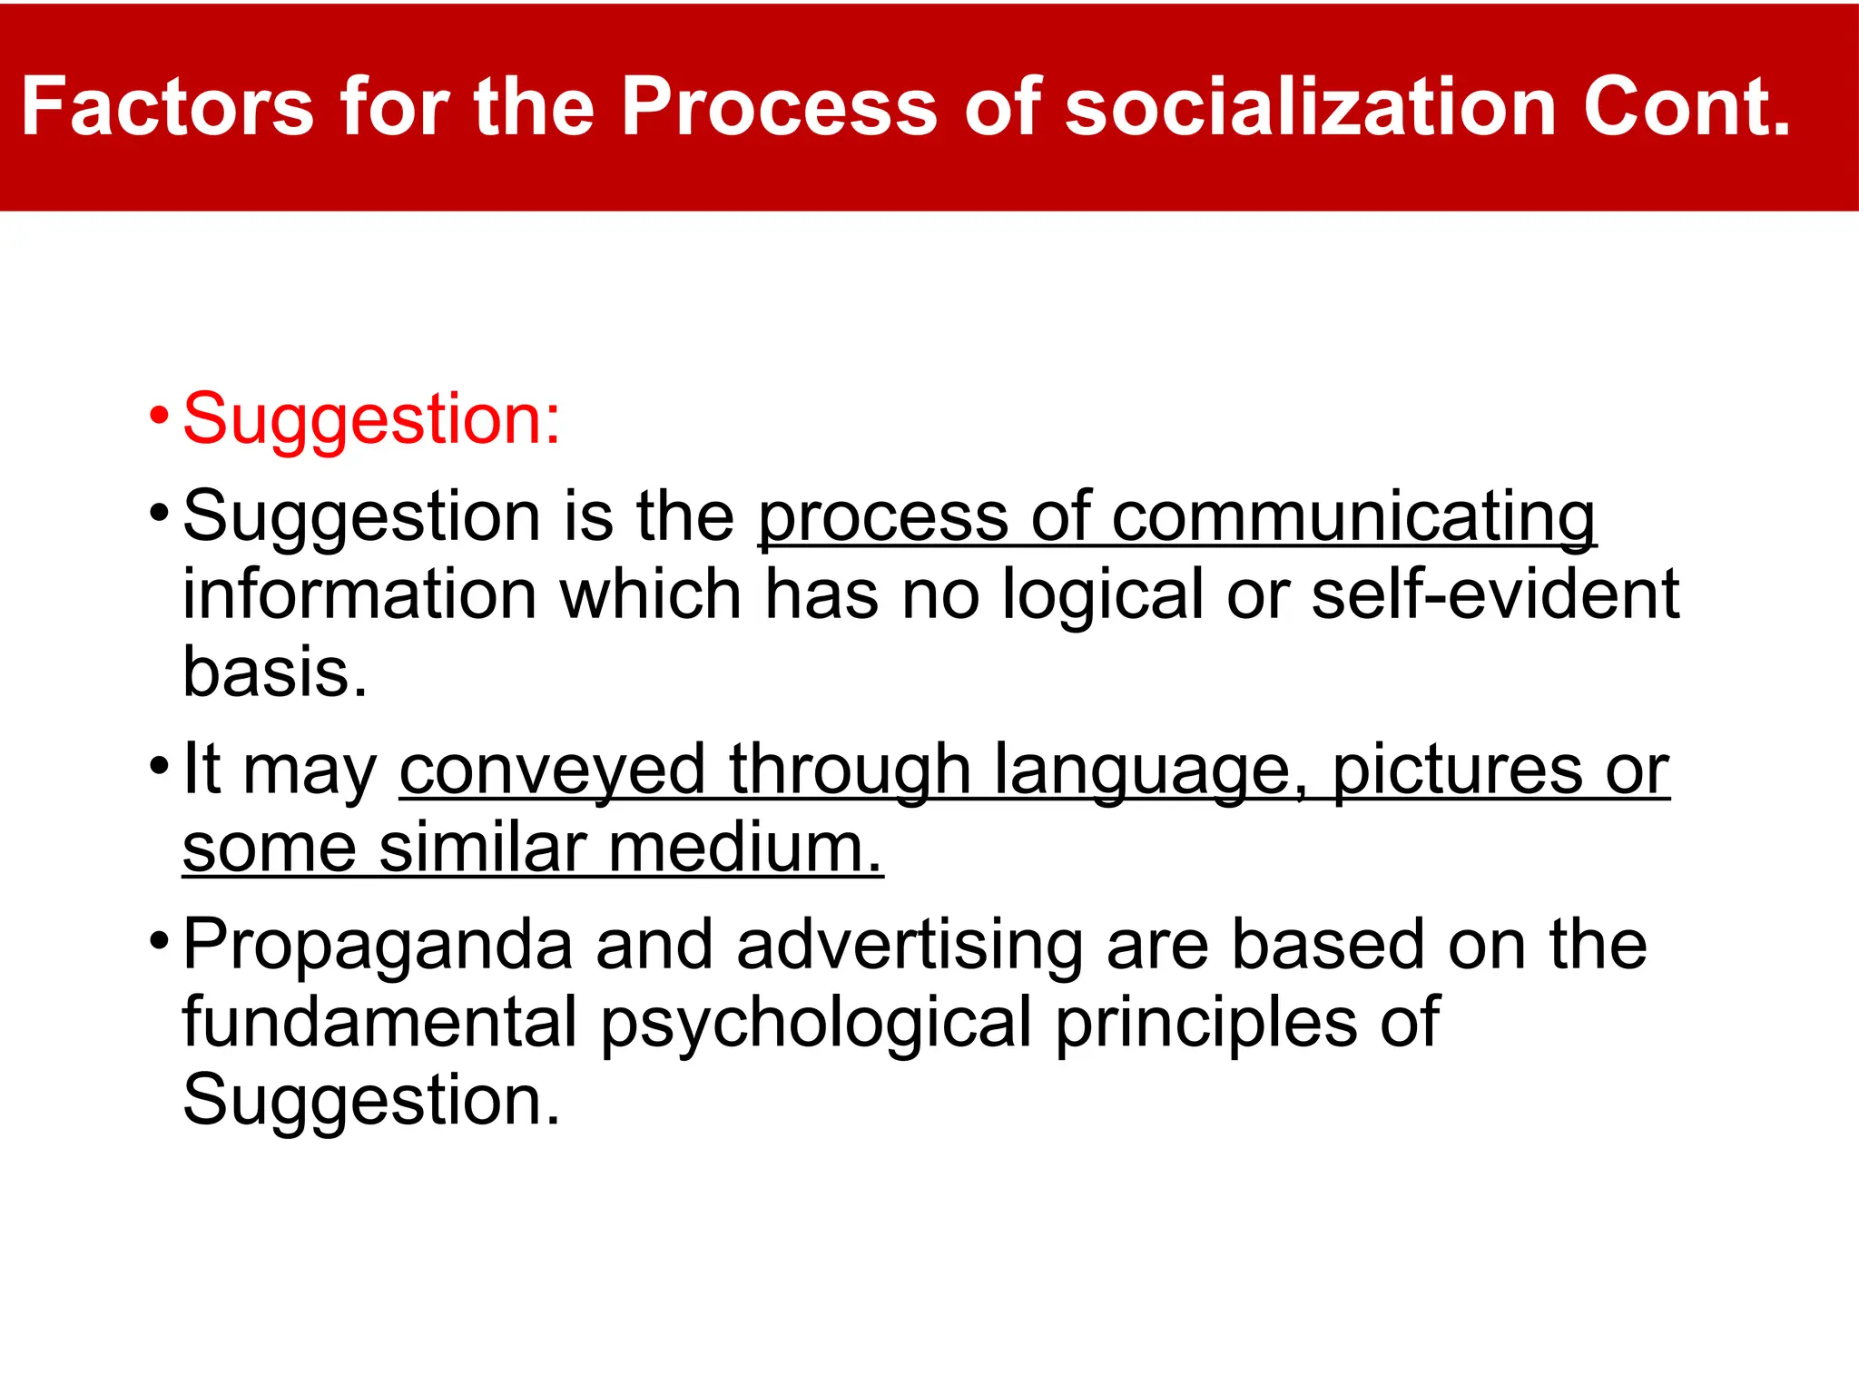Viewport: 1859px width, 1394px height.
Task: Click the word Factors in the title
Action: point(167,107)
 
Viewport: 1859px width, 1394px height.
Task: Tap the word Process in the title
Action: point(779,107)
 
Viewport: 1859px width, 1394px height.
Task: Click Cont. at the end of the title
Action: point(1687,107)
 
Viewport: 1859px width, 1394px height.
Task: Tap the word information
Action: point(360,594)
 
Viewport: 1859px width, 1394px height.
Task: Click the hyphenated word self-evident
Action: point(1495,594)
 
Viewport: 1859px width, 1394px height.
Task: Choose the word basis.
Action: point(275,672)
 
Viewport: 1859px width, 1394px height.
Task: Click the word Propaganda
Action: point(378,946)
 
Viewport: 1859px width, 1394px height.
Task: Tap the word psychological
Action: point(816,1024)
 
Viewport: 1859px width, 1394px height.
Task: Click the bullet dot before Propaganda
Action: point(159,940)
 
